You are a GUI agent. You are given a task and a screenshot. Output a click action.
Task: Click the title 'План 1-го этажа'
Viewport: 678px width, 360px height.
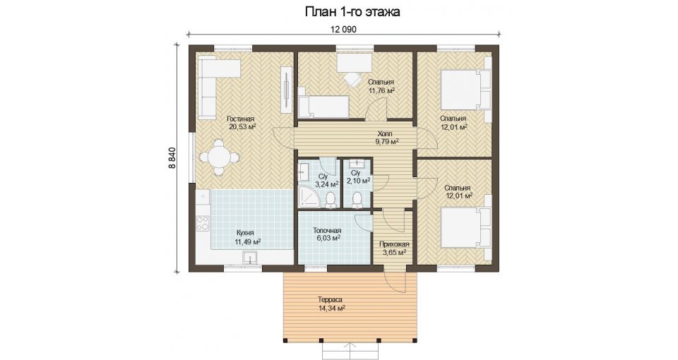pyautogui.click(x=352, y=12)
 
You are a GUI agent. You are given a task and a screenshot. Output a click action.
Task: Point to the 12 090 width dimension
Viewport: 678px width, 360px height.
pyautogui.click(x=343, y=30)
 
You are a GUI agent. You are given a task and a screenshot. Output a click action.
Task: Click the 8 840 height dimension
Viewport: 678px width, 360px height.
pyautogui.click(x=172, y=158)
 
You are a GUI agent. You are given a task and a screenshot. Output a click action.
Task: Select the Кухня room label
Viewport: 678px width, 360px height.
pyautogui.click(x=245, y=232)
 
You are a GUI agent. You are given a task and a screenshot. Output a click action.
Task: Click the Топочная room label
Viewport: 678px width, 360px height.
pyautogui.click(x=327, y=230)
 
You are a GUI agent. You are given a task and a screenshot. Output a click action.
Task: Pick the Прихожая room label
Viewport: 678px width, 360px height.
pyautogui.click(x=394, y=244)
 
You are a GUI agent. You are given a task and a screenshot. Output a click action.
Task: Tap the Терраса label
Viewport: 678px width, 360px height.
pyautogui.click(x=330, y=299)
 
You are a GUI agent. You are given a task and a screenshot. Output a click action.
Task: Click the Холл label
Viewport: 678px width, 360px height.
pyautogui.click(x=386, y=133)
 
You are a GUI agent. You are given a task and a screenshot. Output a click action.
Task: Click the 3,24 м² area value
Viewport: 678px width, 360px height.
pyautogui.click(x=326, y=184)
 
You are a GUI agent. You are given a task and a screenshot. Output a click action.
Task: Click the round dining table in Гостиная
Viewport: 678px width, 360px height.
pyautogui.click(x=219, y=157)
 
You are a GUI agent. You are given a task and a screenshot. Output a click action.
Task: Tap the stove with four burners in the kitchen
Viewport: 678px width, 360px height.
pyautogui.click(x=203, y=222)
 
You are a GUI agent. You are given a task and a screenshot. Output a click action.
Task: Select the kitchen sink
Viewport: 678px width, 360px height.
pyautogui.click(x=249, y=258)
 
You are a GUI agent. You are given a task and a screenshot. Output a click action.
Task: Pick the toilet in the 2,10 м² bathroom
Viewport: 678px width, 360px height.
pyautogui.click(x=357, y=199)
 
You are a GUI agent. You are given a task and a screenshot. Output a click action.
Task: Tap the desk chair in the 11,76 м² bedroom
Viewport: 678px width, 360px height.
pyautogui.click(x=352, y=78)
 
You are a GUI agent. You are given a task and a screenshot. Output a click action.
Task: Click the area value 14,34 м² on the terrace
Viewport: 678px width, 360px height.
pyautogui.click(x=330, y=308)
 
